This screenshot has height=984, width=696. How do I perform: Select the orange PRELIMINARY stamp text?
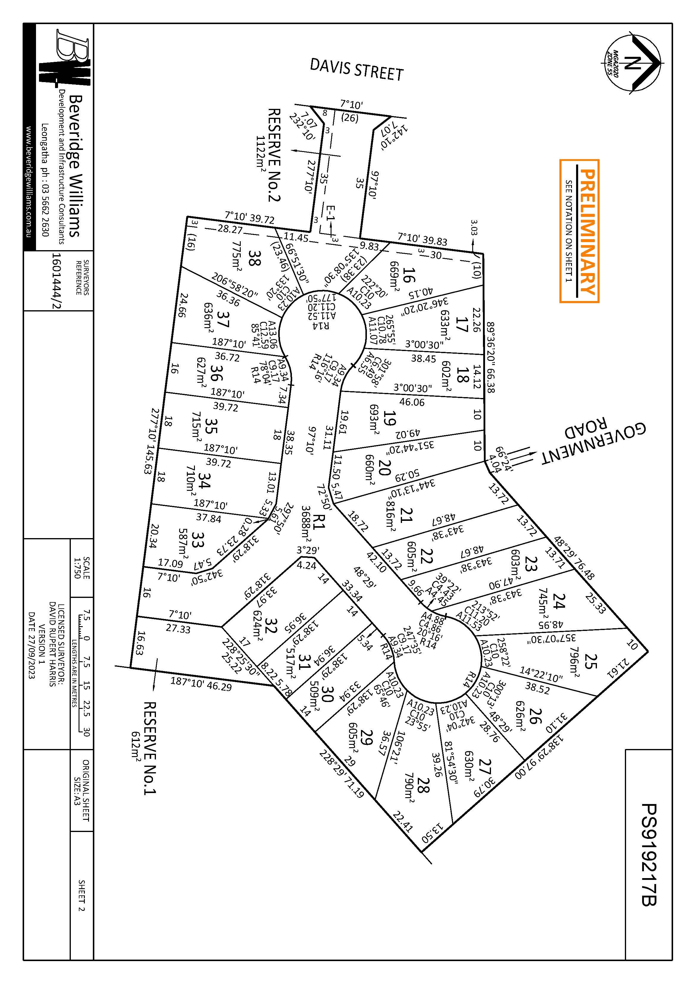click(x=587, y=231)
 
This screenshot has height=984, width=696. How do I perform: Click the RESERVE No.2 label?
click(x=274, y=154)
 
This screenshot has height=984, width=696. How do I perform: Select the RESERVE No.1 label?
click(x=149, y=748)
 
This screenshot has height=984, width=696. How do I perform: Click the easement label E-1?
click(x=331, y=213)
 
